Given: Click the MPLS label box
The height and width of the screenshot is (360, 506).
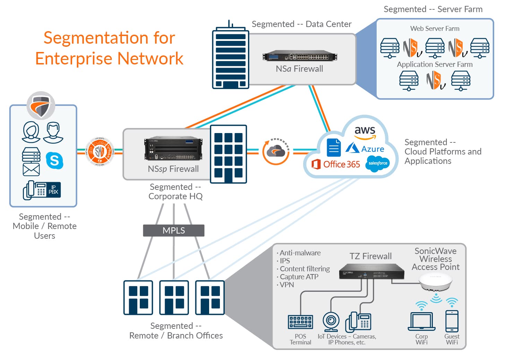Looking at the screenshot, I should (173, 230).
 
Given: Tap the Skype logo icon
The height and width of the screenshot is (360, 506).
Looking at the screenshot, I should (54, 160).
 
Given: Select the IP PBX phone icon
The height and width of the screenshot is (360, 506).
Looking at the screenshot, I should (42, 190).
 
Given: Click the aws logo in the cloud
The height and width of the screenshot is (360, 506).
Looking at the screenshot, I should (365, 131).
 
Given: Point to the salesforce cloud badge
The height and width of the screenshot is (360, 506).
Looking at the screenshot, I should (378, 163).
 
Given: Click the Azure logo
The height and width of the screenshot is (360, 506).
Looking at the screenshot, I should (365, 148).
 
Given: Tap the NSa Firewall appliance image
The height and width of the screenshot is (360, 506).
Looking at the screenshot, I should (300, 56).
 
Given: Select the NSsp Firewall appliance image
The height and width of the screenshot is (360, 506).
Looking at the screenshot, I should (173, 149).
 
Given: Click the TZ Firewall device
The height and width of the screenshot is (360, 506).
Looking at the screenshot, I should (371, 272).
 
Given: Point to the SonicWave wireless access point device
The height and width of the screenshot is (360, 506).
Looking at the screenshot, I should (435, 281).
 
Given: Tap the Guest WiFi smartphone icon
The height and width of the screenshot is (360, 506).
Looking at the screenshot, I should (452, 321).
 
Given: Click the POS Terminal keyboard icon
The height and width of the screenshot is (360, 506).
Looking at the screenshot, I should (300, 322).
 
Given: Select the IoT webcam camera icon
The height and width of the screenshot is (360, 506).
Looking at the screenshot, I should (331, 322).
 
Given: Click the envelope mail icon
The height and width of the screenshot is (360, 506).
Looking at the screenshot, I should (31, 169).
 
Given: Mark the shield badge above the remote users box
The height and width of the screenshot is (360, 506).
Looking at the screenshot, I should (41, 105).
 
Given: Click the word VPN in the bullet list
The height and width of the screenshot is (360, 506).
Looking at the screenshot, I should (287, 285).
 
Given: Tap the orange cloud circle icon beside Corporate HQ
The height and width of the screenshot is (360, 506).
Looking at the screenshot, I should (276, 151).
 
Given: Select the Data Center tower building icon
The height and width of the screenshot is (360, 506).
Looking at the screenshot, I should (231, 55).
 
